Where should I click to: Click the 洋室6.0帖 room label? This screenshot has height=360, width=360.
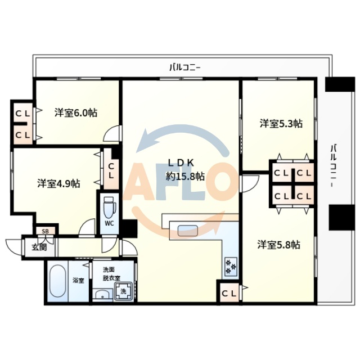point(75,112)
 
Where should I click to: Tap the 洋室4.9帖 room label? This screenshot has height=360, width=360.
point(58,183)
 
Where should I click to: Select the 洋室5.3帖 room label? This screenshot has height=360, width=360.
point(281,123)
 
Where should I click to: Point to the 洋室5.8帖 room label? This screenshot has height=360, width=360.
point(278,245)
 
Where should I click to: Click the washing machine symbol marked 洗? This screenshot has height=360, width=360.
point(123,291)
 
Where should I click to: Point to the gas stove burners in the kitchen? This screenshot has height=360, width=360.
point(229,265)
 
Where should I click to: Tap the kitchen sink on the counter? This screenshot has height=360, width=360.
point(187,229)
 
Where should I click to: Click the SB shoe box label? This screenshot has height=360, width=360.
point(45,230)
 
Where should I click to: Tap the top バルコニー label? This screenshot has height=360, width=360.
point(185,67)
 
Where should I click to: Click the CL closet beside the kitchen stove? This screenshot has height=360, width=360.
point(228,293)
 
